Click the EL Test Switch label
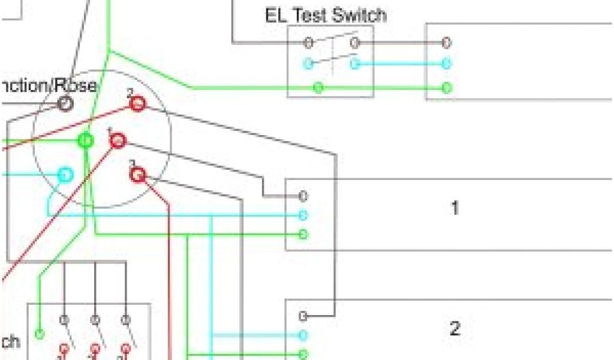[326, 15]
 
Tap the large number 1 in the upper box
[455, 209]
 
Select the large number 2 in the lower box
[455, 329]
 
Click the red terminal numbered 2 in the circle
[137, 104]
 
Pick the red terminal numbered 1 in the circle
[118, 141]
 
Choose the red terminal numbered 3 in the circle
[138, 175]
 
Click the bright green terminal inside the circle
[86, 140]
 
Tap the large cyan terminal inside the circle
[65, 175]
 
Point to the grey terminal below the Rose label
[65, 104]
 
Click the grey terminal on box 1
[303, 196]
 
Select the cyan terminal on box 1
[303, 215]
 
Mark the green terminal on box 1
[303, 234]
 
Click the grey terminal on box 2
[303, 316]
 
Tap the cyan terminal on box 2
[303, 335]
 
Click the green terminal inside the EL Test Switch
[319, 88]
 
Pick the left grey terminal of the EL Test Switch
[308, 43]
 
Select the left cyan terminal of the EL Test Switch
[308, 63]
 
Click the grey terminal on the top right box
[446, 43]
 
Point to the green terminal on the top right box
[446, 88]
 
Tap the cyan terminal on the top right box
[446, 63]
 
